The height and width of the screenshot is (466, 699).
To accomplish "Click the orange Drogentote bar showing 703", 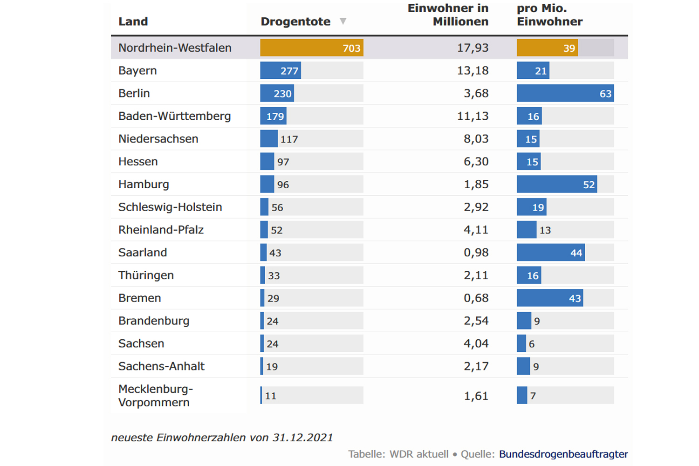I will click(x=311, y=48).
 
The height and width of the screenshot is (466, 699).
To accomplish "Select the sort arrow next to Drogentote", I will click(x=343, y=21).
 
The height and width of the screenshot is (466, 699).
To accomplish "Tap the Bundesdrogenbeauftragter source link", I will click(x=563, y=454).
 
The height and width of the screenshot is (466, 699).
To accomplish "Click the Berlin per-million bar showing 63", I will click(x=565, y=93).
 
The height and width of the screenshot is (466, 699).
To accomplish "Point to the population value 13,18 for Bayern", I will click(x=473, y=71).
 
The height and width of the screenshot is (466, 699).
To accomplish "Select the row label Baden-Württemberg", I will click(x=174, y=116).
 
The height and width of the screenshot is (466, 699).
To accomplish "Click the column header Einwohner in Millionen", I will click(x=448, y=15).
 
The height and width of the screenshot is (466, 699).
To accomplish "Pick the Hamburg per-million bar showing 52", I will click(x=556, y=185).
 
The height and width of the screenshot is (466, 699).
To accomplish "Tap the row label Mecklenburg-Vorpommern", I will click(x=155, y=396).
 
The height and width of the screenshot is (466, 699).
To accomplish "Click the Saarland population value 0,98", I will click(x=476, y=253).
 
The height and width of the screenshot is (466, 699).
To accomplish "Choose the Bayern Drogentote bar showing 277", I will click(x=280, y=71).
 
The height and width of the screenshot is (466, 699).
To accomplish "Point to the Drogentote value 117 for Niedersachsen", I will click(x=289, y=139).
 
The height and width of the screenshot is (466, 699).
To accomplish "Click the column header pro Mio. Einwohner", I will click(x=549, y=15).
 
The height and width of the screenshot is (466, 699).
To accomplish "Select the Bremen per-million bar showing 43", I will click(x=549, y=298).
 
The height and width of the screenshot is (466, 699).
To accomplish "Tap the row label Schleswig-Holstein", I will click(x=170, y=207).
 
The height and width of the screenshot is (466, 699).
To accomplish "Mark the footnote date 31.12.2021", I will click(x=302, y=438).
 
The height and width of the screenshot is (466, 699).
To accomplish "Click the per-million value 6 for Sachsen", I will click(x=532, y=344).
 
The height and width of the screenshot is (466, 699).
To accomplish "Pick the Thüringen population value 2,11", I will click(x=476, y=275).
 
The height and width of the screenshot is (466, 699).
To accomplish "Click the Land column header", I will click(x=133, y=21).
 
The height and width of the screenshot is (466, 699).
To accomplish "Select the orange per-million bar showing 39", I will click(x=547, y=48).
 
